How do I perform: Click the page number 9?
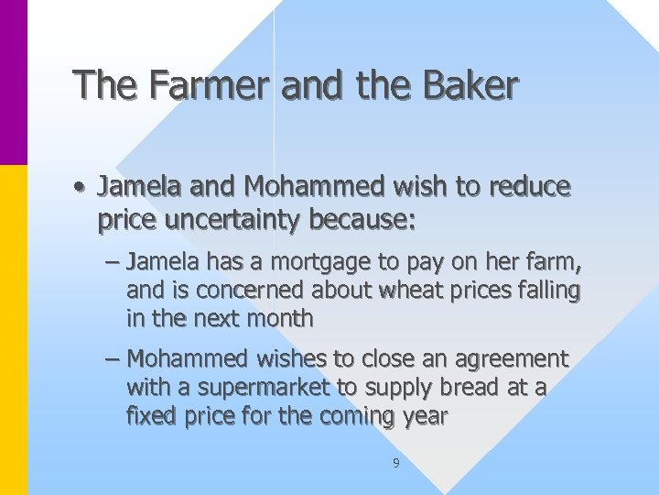(395, 464)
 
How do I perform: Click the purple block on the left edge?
(14, 82)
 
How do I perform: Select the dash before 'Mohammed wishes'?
(112, 359)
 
